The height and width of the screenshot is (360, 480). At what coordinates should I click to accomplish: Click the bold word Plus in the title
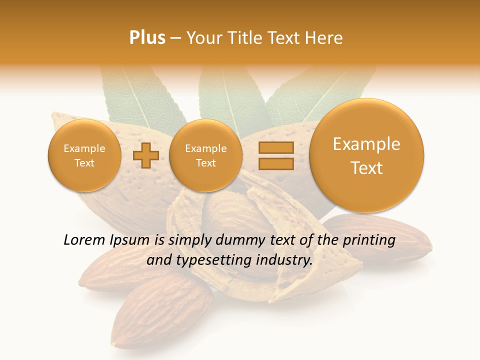tap(147, 37)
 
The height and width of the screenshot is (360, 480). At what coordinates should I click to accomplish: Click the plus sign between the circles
tap(145, 155)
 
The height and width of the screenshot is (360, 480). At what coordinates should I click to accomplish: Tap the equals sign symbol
tap(276, 155)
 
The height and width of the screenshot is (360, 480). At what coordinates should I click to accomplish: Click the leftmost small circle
tap(84, 155)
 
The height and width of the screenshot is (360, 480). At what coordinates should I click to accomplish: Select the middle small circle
tap(205, 155)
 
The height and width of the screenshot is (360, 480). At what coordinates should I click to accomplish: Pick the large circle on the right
tap(366, 155)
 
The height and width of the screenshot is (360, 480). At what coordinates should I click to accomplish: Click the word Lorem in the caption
tap(83, 240)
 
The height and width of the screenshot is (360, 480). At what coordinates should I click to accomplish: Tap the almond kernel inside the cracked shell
tap(235, 210)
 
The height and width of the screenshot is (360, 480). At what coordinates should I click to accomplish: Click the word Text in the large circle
tap(366, 168)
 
